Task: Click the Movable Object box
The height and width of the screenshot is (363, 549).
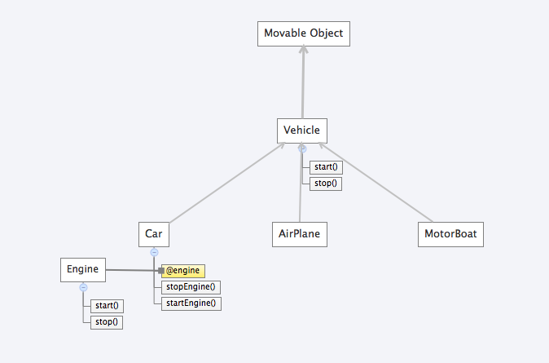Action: [304, 34]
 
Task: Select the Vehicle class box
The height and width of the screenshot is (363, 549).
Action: [301, 130]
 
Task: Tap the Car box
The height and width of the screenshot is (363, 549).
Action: [154, 235]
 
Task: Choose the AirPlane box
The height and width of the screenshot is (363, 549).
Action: [299, 235]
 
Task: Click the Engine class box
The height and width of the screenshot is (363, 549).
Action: [83, 269]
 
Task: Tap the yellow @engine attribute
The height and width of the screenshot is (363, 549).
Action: [182, 271]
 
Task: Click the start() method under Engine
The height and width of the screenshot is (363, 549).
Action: [107, 306]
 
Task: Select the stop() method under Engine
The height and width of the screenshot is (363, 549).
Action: [107, 321]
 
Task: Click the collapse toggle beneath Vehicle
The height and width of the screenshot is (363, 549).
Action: [302, 148]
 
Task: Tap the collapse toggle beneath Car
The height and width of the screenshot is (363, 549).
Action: [154, 253]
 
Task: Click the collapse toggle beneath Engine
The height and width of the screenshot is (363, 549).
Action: [83, 287]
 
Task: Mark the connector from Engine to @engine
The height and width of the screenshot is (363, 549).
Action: [130, 270]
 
